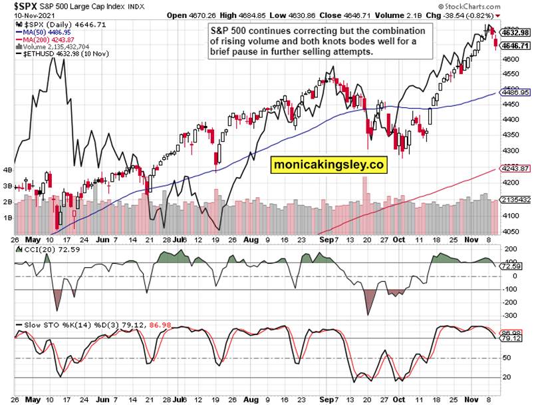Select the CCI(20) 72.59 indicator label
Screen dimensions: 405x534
click(44, 249)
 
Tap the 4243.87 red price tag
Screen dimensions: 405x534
click(515, 169)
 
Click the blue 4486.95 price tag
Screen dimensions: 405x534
click(515, 93)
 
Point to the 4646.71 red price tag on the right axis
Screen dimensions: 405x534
click(515, 45)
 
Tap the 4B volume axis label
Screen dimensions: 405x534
click(7, 170)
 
